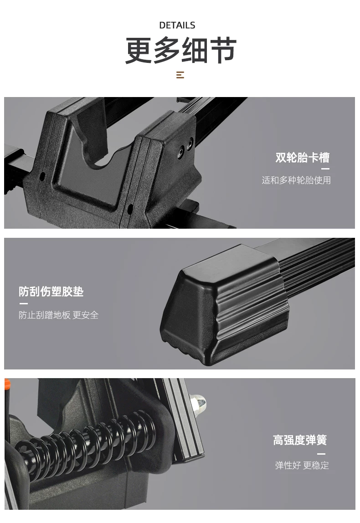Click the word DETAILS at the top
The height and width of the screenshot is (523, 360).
coord(177,26)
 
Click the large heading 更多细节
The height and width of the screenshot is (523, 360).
coord(180,51)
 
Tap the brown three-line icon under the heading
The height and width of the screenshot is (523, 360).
coord(180,75)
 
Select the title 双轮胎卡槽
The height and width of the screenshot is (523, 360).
coord(302,158)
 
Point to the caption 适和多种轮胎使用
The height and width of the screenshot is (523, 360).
coord(296,180)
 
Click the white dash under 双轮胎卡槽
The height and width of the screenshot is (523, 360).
coord(325,169)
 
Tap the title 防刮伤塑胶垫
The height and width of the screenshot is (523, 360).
coord(51,292)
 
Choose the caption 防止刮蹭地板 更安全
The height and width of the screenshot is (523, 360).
coord(59,315)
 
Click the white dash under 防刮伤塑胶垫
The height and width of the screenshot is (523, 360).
coord(23,303)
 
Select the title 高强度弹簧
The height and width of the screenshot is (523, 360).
coord(299,440)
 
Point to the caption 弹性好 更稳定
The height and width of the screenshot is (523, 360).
coord(302,465)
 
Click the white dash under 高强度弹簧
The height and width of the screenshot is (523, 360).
coord(321,454)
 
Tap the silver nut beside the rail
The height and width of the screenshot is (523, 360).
coord(198,404)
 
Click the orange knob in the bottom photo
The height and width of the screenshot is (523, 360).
coord(7,384)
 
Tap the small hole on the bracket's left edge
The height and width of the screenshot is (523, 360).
coord(42,176)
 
